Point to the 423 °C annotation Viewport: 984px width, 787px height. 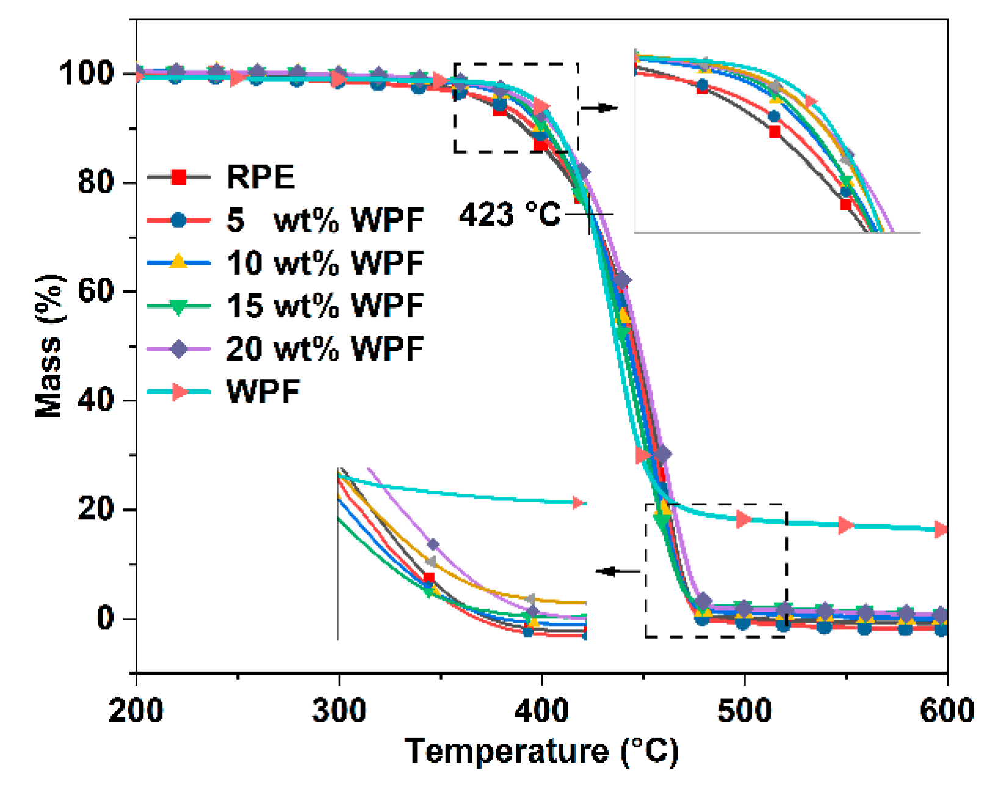pyautogui.click(x=509, y=215)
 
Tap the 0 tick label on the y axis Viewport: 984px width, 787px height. pyautogui.click(x=105, y=619)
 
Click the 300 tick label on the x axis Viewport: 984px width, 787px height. pyautogui.click(x=339, y=711)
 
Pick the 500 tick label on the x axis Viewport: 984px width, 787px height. pyautogui.click(x=744, y=711)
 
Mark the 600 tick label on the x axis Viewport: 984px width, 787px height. pyautogui.click(x=946, y=711)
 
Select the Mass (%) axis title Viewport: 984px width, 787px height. pyautogui.click(x=49, y=346)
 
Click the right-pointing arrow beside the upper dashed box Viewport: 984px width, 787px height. pyautogui.click(x=599, y=108)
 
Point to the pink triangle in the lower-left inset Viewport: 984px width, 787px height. pyautogui.click(x=578, y=503)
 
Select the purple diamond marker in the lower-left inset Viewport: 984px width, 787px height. pyautogui.click(x=433, y=544)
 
